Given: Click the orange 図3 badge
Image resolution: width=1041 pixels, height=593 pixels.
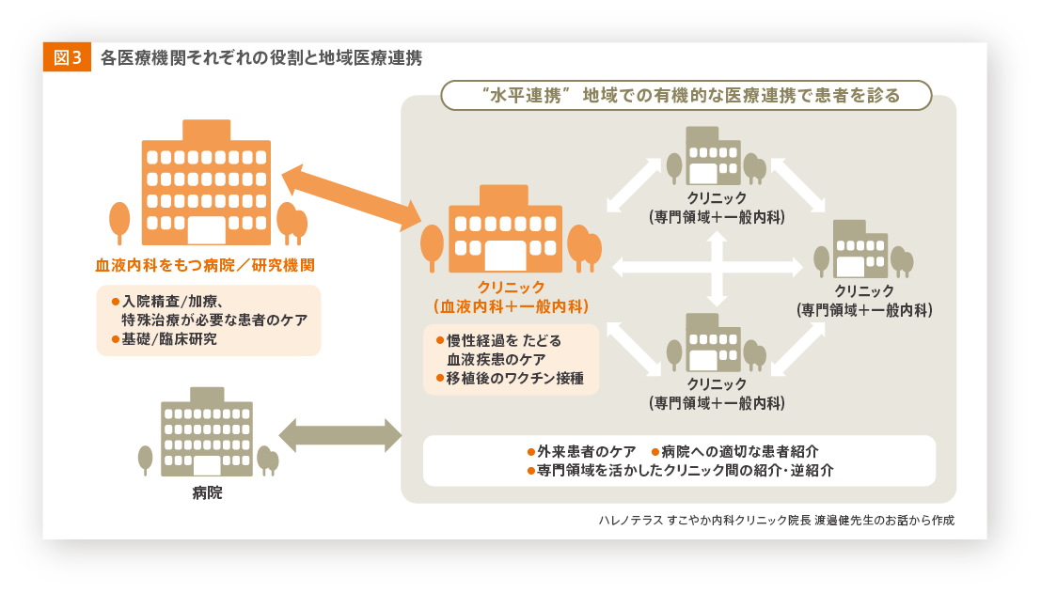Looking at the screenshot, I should pos(67,57).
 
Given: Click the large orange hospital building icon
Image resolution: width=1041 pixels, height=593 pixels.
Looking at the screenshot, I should pos(206,184).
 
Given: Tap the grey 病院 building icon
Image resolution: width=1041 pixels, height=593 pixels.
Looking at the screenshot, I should pos(206,433).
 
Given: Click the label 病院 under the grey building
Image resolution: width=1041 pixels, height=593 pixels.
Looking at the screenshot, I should pos(207,492).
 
